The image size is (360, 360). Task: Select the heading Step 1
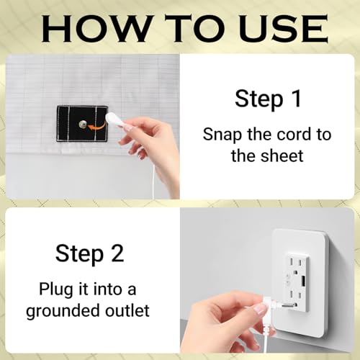click(268, 99)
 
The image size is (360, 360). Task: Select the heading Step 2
click(90, 254)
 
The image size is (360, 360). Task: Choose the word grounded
click(63, 311)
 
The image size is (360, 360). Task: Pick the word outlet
click(127, 310)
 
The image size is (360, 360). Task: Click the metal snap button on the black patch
click(83, 124)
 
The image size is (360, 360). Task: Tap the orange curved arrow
click(96, 125)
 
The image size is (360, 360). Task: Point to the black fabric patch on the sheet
click(82, 123)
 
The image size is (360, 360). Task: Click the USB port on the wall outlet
click(303, 282)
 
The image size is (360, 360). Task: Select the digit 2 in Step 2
click(117, 253)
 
